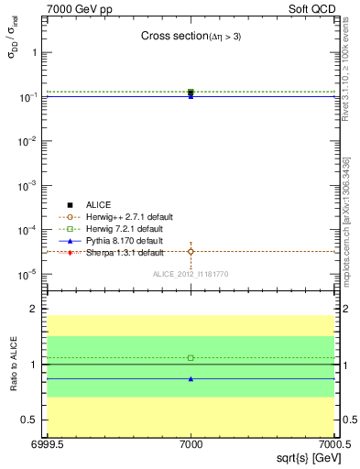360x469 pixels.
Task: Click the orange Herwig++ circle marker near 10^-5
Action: click(x=191, y=251)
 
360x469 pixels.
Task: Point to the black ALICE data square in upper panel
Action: click(x=191, y=93)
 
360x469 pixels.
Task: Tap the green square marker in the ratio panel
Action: click(x=191, y=357)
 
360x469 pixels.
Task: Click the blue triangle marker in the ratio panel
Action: click(x=191, y=378)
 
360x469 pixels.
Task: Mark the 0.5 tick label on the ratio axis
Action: click(x=31, y=420)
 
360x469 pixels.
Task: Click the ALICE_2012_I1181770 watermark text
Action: click(x=190, y=274)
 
